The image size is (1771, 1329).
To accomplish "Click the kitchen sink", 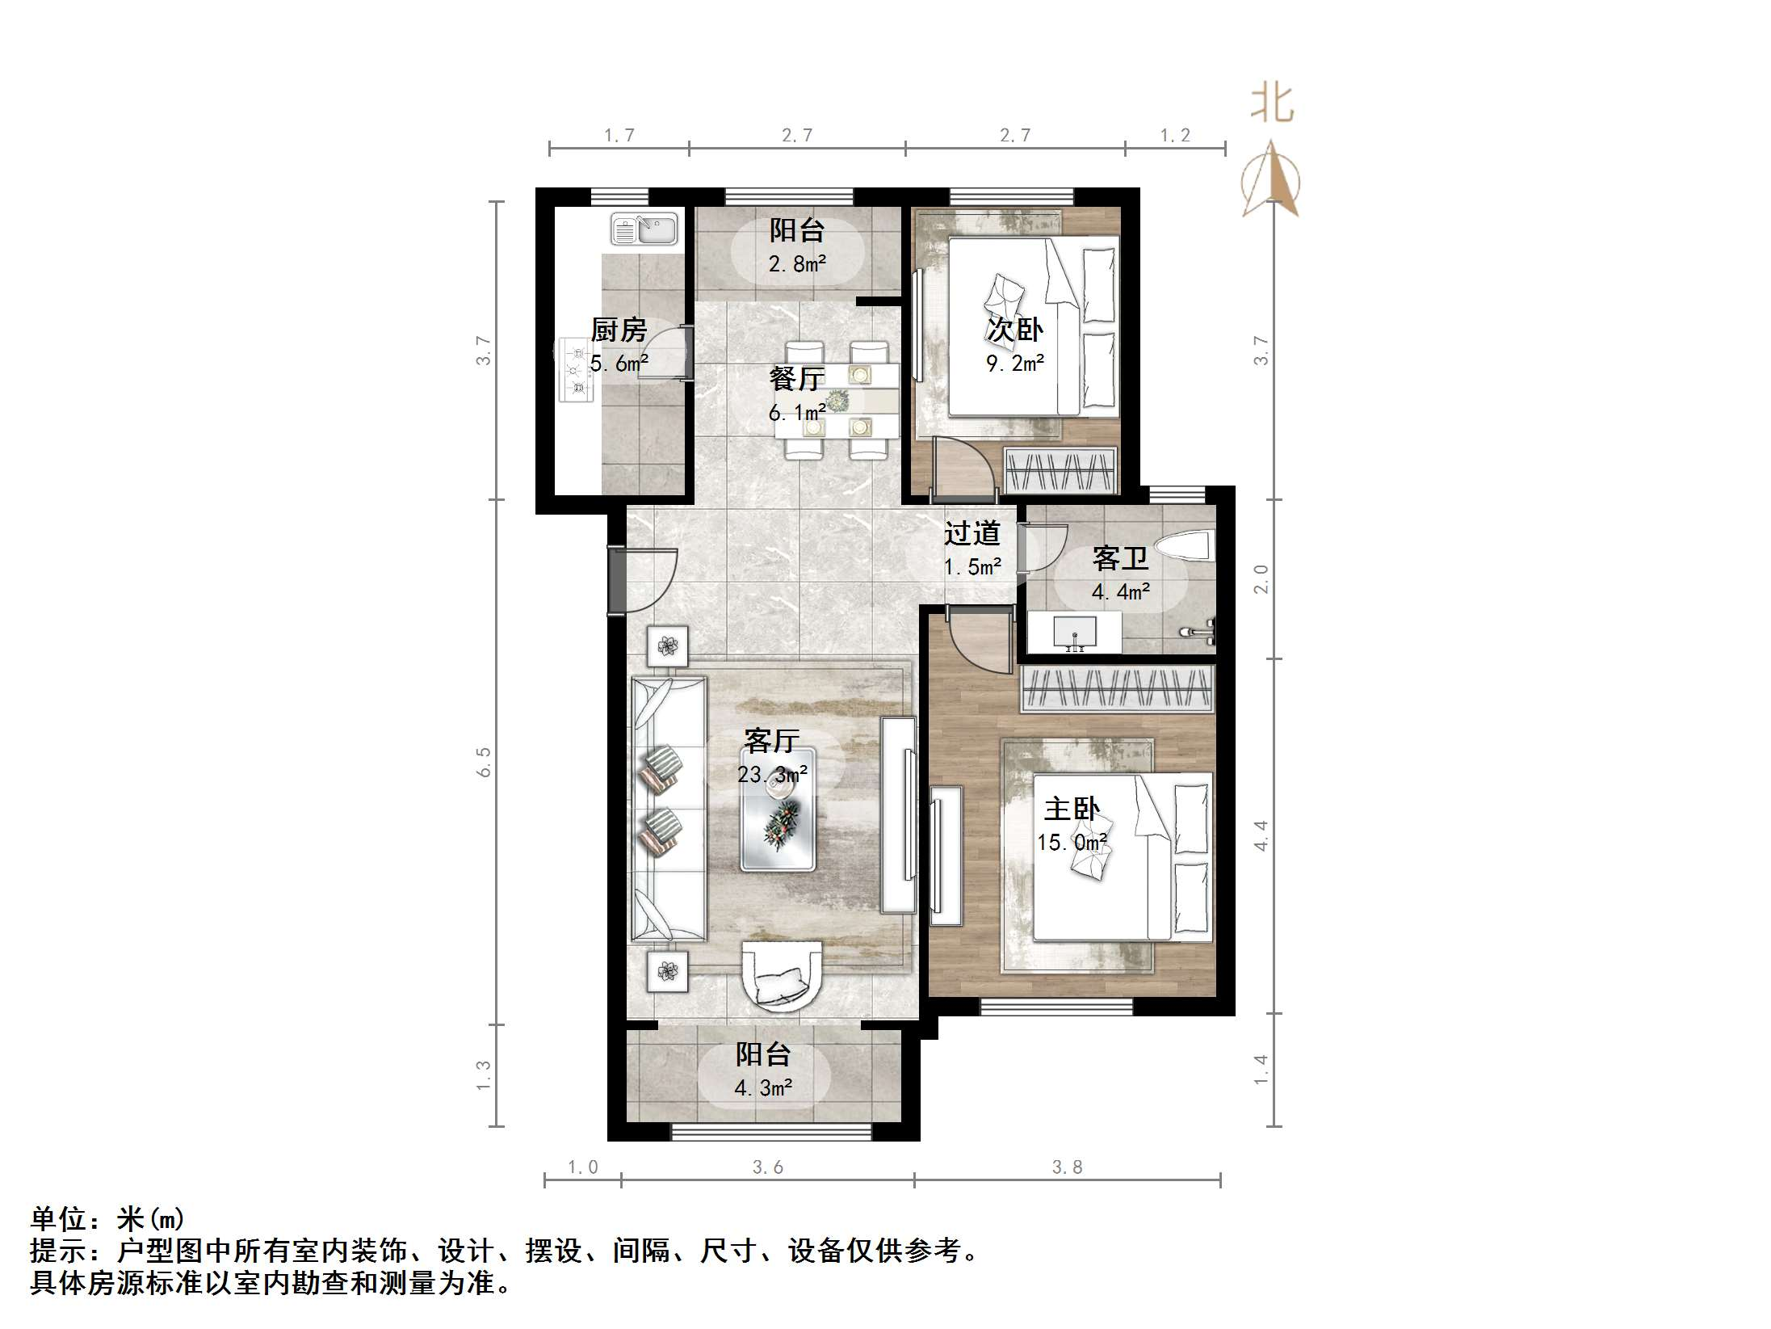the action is tap(644, 229).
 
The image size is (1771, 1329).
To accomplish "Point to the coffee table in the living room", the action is tap(778, 809).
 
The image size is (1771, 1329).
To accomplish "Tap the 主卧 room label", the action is tap(1072, 809).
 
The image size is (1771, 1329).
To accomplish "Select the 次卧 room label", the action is tap(1015, 330).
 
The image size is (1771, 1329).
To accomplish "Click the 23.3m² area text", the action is tap(772, 775).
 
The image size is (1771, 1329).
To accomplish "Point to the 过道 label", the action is tap(972, 533).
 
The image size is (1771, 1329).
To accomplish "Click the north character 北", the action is tap(1272, 104).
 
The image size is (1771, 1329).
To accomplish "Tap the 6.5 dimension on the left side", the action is tap(484, 762).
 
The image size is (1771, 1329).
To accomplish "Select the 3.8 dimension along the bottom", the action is tap(1067, 1167).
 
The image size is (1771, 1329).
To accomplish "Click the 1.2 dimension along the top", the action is tap(1175, 135).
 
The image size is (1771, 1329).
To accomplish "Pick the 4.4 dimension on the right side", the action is tap(1261, 835).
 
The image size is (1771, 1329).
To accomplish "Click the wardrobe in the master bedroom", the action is tap(1118, 689).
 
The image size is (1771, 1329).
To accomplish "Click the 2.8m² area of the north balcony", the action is tap(797, 263).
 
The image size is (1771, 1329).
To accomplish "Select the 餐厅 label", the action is tap(797, 379).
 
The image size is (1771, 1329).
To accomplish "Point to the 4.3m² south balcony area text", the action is tap(763, 1087).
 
